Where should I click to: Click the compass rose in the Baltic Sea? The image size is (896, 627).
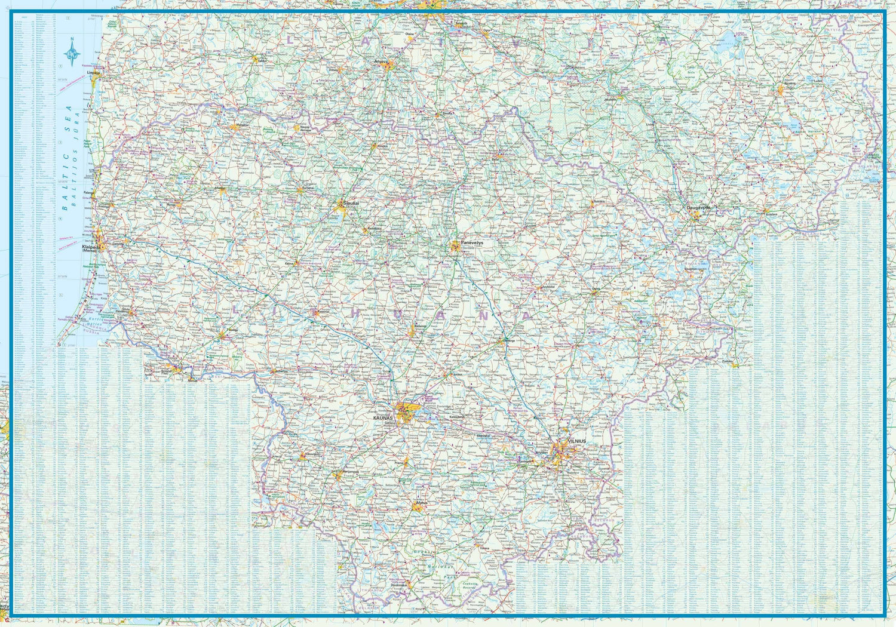pyautogui.click(x=72, y=53)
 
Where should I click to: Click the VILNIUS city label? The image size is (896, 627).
pyautogui.click(x=577, y=441)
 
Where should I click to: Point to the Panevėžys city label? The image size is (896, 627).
pyautogui.click(x=472, y=244)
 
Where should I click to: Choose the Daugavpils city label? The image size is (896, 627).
pyautogui.click(x=698, y=207)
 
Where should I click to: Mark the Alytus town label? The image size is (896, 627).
pyautogui.click(x=422, y=503)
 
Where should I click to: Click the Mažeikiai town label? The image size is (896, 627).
pyautogui.click(x=242, y=125)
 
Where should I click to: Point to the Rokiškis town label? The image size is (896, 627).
pyautogui.click(x=599, y=201)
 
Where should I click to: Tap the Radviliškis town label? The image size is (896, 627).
pyautogui.click(x=375, y=228)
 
